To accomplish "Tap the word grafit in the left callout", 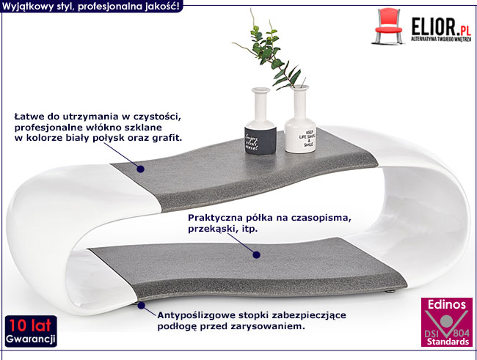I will click(x=166, y=137).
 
